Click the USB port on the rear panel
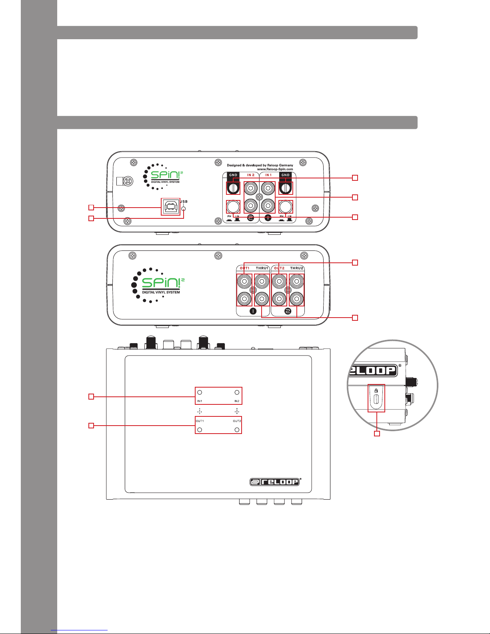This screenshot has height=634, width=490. coord(171,206)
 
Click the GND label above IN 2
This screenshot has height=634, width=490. coord(233,175)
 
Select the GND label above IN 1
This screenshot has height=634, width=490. coord(286,175)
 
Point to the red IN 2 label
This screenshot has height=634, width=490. coord(251,175)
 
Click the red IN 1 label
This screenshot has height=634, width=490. coord(268,175)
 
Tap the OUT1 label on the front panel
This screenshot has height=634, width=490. coord(245,268)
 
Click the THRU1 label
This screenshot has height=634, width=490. coord(262,268)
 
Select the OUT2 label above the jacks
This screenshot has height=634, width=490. coord(279,268)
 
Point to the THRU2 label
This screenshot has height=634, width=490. coord(297,268)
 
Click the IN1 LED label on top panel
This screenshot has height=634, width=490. coord(200,401)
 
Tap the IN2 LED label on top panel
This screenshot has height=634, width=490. coord(237,401)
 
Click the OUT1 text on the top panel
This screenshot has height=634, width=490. coord(200,421)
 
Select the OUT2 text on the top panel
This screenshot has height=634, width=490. coord(237,421)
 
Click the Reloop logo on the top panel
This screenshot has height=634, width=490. coord(275,482)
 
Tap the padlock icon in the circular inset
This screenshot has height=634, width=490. coord(376,390)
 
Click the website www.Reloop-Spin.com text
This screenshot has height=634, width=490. coord(275,169)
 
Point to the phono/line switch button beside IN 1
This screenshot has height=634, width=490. coord(286,206)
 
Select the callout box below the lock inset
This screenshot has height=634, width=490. coord(376,434)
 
